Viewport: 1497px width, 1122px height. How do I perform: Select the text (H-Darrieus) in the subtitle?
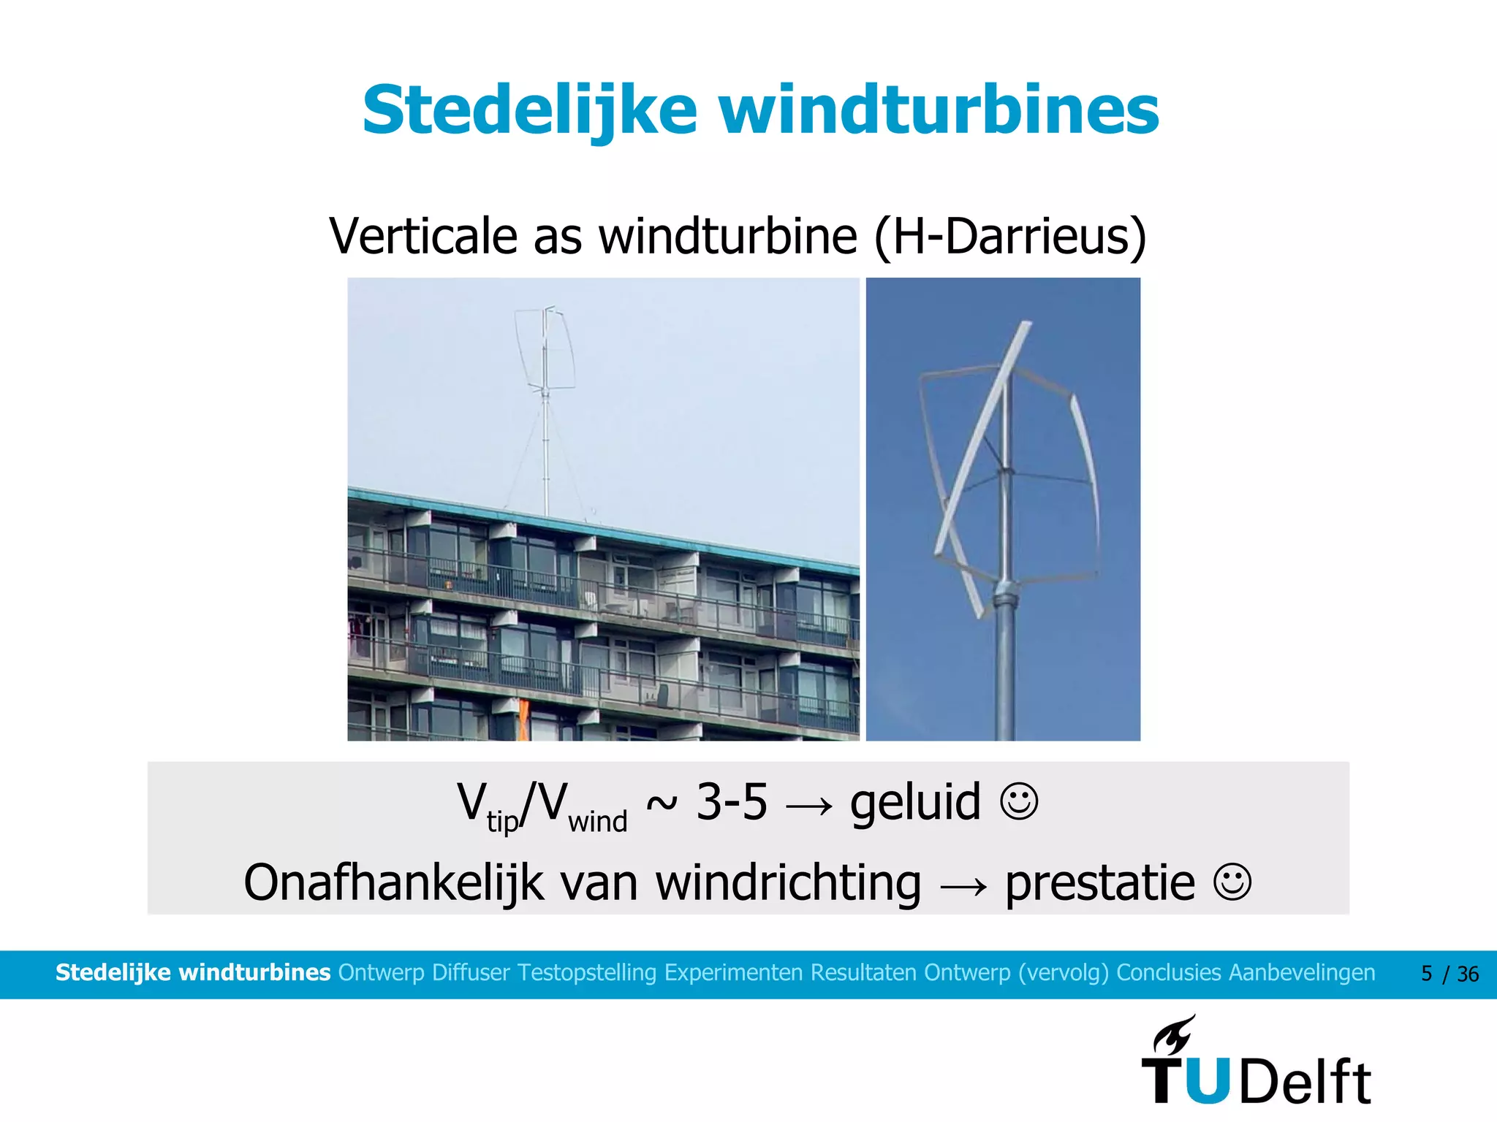pos(1010,237)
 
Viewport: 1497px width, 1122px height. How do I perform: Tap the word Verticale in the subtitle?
pos(424,237)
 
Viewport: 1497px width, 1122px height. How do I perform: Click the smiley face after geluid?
pos(1019,802)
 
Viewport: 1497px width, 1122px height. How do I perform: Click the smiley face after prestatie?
pos(1232,882)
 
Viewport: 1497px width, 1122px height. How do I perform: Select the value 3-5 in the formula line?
pos(731,802)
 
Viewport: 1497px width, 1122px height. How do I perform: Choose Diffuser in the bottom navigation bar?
pos(471,973)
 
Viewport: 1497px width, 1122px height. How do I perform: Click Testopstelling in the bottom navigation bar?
pos(587,973)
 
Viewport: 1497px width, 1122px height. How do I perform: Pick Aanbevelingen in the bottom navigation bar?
pos(1302,973)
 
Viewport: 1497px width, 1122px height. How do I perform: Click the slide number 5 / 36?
pos(1449,974)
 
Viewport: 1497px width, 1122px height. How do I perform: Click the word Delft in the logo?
pos(1305,1082)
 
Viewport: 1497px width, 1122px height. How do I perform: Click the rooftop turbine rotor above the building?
pos(545,349)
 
